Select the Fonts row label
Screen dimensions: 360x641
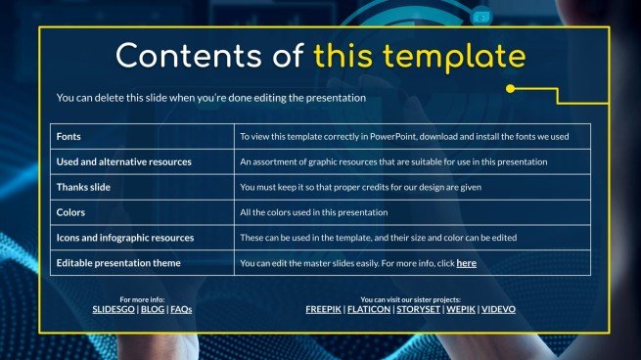tap(69, 136)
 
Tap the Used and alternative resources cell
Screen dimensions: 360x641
tap(123, 161)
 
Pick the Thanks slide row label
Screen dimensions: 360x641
tap(90, 187)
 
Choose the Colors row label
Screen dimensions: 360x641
tap(71, 212)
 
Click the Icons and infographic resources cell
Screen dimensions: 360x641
tap(125, 238)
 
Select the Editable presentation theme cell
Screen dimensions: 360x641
tap(118, 263)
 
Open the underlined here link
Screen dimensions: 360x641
tap(467, 263)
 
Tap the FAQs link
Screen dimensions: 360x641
tap(181, 309)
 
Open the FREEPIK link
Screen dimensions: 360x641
tap(323, 309)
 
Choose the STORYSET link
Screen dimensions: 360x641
tap(418, 309)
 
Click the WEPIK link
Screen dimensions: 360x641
tap(460, 309)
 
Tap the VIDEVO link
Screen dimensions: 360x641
tap(499, 309)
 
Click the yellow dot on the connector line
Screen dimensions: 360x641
tap(510, 89)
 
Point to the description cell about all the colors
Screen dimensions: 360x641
tap(313, 212)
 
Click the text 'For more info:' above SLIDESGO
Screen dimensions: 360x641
tap(142, 298)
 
